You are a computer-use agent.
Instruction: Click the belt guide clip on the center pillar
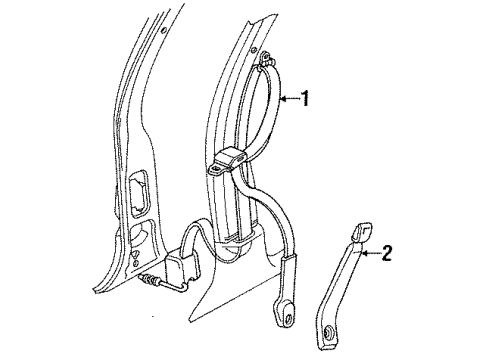[x=227, y=160]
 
